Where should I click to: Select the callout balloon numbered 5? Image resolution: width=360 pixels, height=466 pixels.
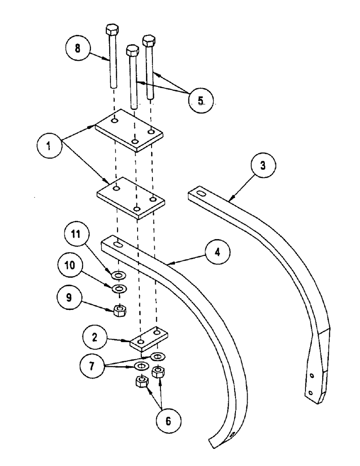(200, 99)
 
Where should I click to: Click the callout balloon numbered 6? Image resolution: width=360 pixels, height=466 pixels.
(168, 420)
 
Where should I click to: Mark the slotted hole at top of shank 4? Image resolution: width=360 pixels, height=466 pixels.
(118, 244)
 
